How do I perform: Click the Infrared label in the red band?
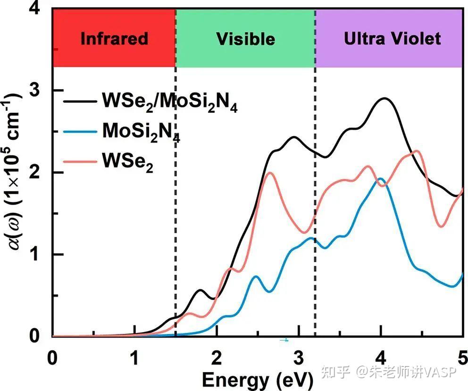coord(114,38)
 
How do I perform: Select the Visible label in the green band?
coord(245,38)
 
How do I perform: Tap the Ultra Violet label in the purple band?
coord(392,38)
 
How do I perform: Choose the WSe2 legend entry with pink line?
coord(127,161)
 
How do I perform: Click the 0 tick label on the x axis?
coord(53,354)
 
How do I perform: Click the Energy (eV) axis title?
coord(258,378)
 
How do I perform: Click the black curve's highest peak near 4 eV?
coord(385,99)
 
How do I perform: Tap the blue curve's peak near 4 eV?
coord(380,179)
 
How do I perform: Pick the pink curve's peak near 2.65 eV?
coord(270,173)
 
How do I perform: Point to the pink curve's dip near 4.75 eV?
coord(441,227)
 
